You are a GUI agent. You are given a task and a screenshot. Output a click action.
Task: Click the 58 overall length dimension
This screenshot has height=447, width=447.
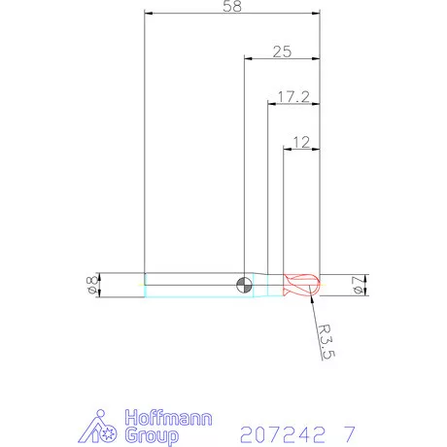click(231, 7)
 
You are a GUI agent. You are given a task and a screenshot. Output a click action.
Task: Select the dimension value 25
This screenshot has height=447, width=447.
click(282, 52)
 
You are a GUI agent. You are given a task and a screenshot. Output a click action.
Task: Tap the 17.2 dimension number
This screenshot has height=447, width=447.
click(293, 96)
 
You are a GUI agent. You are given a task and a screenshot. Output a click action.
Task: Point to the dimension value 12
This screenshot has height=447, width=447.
click(300, 142)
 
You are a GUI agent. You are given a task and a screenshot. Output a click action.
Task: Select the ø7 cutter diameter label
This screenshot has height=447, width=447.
click(357, 284)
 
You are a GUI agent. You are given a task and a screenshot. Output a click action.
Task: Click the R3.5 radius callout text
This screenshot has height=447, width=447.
click(327, 343)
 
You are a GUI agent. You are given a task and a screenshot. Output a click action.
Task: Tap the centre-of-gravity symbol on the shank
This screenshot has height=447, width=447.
click(244, 284)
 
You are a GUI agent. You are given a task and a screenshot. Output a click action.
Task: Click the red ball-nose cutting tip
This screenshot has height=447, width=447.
click(303, 284)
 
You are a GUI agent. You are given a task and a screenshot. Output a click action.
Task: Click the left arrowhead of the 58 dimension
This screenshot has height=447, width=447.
click(149, 14)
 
